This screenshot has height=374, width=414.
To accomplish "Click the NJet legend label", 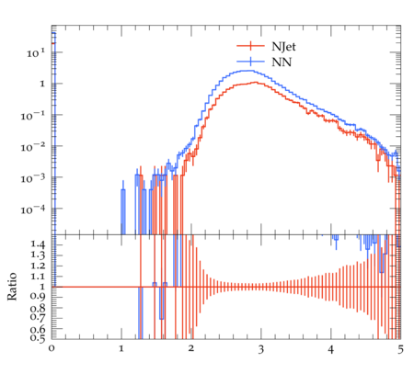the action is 283,47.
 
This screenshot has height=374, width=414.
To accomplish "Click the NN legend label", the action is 282,62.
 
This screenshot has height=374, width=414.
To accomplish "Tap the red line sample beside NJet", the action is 250,46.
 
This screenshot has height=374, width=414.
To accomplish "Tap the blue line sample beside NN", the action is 250,62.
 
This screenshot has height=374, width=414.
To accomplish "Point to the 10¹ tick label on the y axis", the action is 37,52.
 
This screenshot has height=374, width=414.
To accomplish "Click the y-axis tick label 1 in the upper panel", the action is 42,84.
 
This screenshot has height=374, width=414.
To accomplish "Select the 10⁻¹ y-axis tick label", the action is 34,116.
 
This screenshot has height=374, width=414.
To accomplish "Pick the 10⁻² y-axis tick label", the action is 34,147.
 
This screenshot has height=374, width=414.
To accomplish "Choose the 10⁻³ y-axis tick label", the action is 34,178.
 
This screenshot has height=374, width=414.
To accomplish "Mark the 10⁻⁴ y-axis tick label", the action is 34,210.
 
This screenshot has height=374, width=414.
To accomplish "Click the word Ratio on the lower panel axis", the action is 12,287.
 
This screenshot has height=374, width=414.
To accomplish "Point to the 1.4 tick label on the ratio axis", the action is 38,244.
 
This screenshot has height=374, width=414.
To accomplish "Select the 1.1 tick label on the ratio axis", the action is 38,277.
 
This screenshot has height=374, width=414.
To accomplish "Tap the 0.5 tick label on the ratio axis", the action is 38,338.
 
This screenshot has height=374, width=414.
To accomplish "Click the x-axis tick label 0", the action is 52,348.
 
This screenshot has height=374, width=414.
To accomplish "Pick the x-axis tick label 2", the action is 191,348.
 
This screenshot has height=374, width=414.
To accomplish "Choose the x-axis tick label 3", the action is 260,349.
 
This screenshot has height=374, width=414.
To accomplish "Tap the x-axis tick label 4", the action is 330,349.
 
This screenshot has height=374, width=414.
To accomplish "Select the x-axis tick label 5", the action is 400,349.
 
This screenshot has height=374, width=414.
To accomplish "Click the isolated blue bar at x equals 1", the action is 123,208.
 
